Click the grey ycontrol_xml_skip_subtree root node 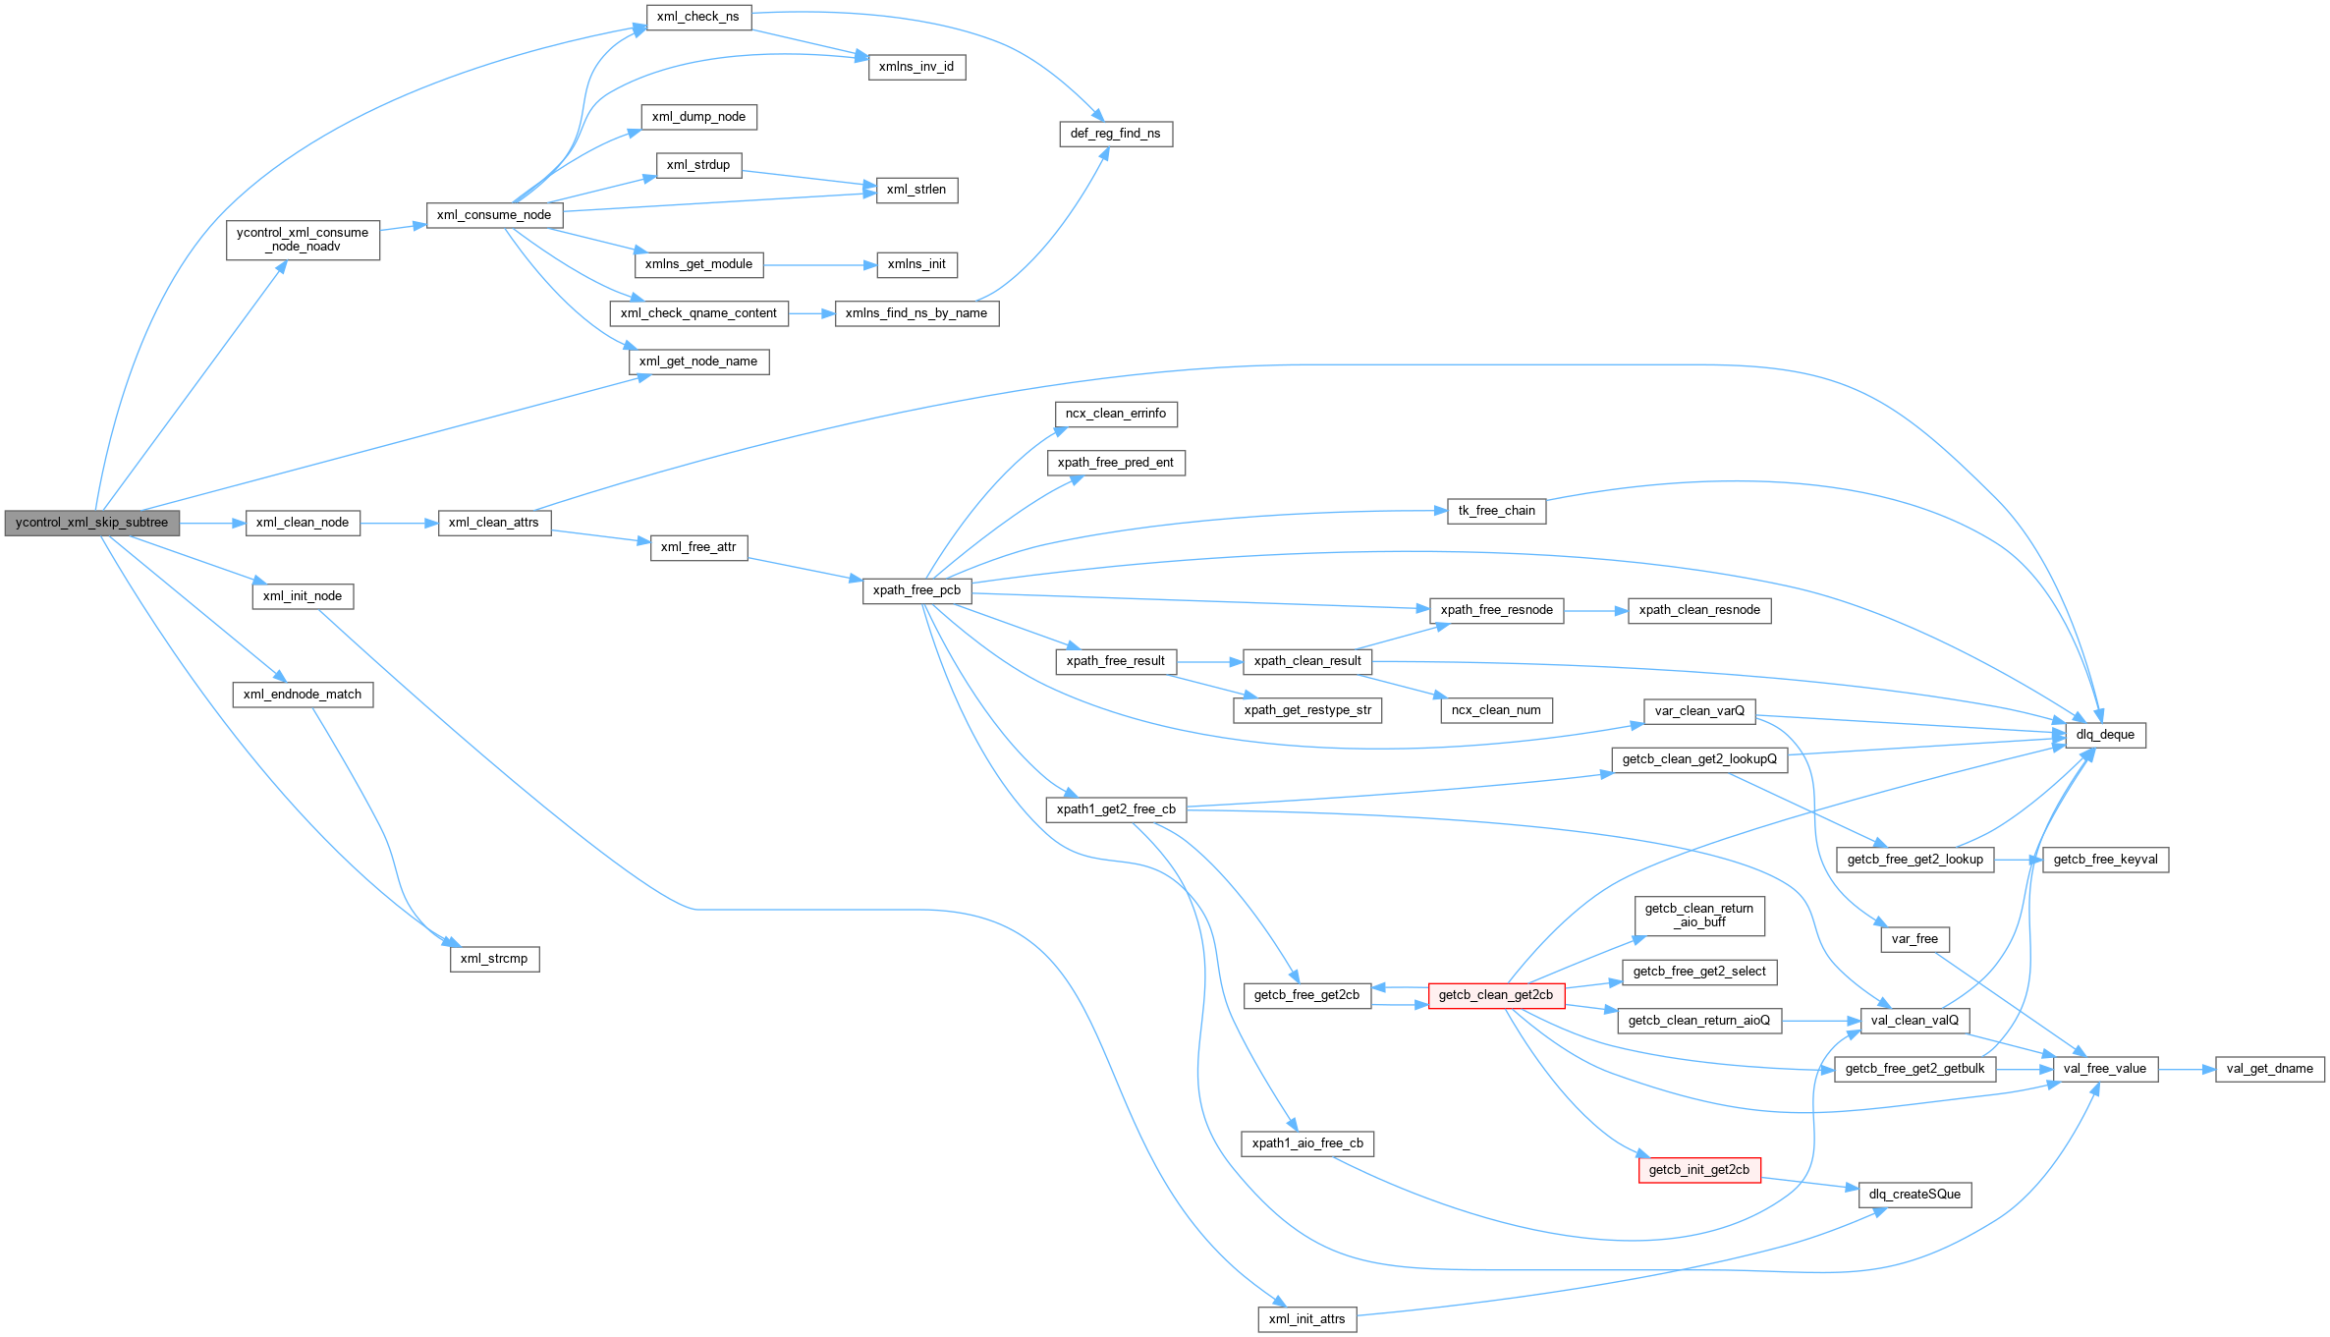(x=92, y=523)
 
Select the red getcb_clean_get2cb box (x=1496, y=995)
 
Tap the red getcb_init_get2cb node (x=1699, y=1170)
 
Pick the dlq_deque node (x=2105, y=735)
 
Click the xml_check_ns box (x=698, y=17)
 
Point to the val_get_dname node (x=2270, y=1069)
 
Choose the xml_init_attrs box (x=1306, y=1319)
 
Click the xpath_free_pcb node (x=916, y=590)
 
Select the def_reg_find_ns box (x=1115, y=134)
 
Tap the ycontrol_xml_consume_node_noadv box (x=303, y=240)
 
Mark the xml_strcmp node (x=494, y=959)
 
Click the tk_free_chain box (x=1496, y=511)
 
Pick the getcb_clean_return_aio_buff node (x=1699, y=916)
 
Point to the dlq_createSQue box (x=1914, y=1195)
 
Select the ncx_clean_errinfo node (x=1116, y=414)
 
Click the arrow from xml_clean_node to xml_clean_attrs (x=399, y=524)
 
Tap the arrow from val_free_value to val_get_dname (x=2187, y=1069)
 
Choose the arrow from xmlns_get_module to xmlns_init (x=819, y=265)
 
